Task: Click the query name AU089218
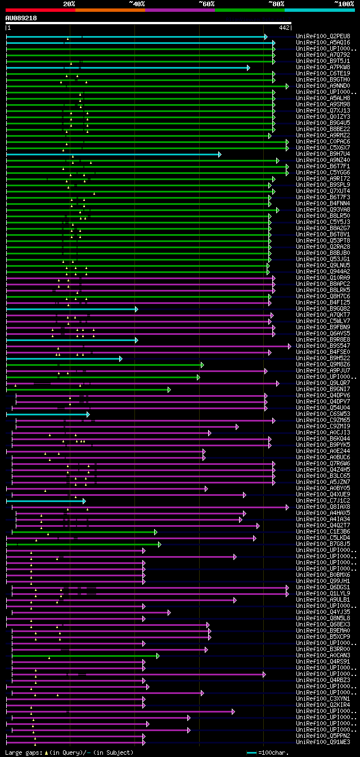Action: (x=21, y=18)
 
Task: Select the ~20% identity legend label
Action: (x=69, y=4)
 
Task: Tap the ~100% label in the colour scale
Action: (x=344, y=4)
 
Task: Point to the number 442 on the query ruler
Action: (x=284, y=28)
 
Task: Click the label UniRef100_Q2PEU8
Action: (x=323, y=36)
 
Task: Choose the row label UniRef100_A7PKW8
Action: (x=323, y=67)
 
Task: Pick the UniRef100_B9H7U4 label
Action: (x=323, y=154)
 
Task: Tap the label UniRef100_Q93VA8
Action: (x=323, y=209)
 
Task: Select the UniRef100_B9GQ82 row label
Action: (x=323, y=308)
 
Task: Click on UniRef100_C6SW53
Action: (x=323, y=414)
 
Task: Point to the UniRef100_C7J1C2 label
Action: (x=323, y=500)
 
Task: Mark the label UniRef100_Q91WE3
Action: (x=323, y=742)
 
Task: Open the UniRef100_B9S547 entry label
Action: (x=323, y=346)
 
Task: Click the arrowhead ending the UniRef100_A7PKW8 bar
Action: (x=248, y=68)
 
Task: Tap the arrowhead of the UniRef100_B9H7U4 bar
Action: (x=219, y=154)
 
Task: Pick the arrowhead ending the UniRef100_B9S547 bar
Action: (x=290, y=346)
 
